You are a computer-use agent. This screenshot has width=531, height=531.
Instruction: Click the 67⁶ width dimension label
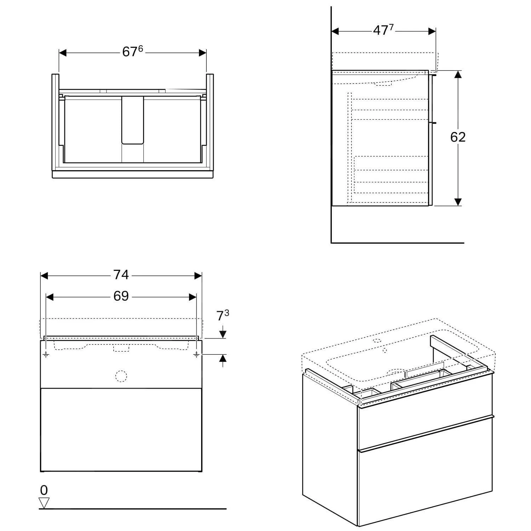(132, 52)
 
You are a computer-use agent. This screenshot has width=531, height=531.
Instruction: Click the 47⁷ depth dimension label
(383, 30)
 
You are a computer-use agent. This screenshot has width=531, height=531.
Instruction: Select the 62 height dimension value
(458, 137)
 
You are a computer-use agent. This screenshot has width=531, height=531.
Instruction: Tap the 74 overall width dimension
(121, 275)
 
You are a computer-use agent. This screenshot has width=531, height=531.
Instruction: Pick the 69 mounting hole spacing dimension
(121, 296)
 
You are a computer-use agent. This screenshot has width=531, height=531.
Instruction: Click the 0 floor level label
(44, 490)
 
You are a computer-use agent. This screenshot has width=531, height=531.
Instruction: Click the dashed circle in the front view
(121, 376)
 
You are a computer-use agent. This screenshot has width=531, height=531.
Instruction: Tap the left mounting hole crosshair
(46, 354)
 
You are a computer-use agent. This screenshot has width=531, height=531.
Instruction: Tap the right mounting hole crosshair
(196, 354)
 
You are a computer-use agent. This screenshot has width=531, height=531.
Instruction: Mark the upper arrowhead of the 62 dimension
(458, 74)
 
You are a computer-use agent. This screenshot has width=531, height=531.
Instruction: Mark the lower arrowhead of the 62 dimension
(458, 202)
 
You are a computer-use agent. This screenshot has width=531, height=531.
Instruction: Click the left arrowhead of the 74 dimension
(44, 276)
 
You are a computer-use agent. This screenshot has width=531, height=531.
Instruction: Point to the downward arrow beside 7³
(223, 333)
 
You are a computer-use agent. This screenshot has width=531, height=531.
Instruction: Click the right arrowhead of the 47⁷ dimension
(432, 31)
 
